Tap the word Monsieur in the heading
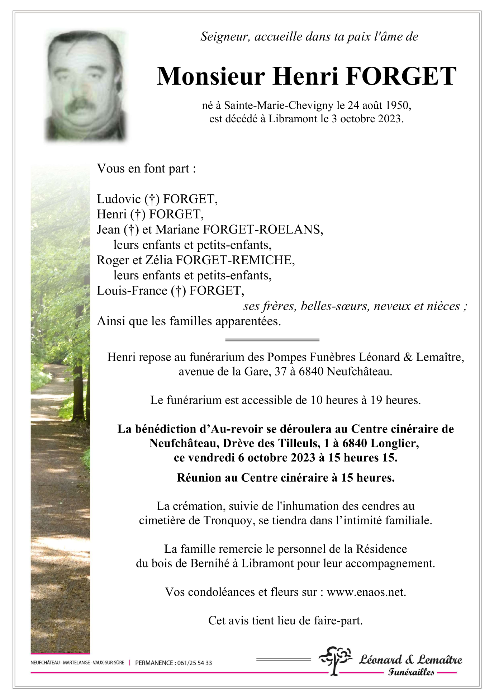point(211,76)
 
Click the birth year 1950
point(398,105)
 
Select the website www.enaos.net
point(366,592)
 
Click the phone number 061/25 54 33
point(194,663)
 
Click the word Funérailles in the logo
point(411,672)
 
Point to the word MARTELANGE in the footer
point(76,663)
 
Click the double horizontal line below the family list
point(272,340)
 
